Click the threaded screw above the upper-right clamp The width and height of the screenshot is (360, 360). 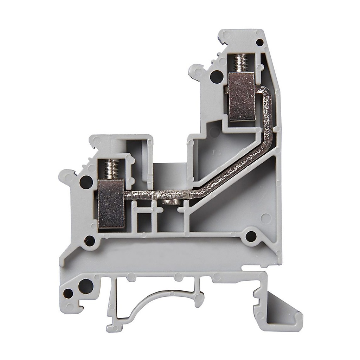[241, 63]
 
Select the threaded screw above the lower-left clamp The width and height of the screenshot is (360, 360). [111, 169]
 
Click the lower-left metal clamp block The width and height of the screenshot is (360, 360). [111, 203]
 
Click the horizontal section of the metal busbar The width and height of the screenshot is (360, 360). [158, 194]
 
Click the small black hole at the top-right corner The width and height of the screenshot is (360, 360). [259, 43]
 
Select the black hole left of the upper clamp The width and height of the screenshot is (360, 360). [216, 77]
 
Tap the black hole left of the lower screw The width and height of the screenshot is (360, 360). [86, 182]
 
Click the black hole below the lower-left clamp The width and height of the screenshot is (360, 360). [89, 241]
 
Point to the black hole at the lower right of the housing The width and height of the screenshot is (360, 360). [250, 236]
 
